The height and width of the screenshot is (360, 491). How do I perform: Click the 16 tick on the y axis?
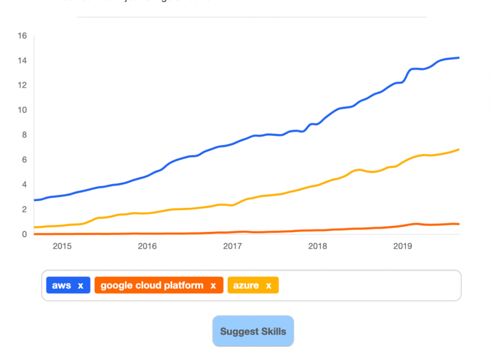pyautogui.click(x=22, y=35)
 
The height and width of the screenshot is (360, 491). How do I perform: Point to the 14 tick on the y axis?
pyautogui.click(x=22, y=60)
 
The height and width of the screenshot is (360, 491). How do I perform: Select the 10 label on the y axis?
pyautogui.click(x=22, y=110)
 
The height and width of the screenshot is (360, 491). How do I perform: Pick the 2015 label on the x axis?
pyautogui.click(x=62, y=246)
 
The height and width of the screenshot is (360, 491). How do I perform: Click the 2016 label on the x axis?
pyautogui.click(x=147, y=246)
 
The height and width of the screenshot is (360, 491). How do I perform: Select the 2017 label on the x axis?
pyautogui.click(x=232, y=246)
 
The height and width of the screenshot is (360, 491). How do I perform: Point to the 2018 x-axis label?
pyautogui.click(x=318, y=246)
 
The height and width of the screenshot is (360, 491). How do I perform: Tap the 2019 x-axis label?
pyautogui.click(x=403, y=246)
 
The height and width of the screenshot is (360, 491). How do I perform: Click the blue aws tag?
pyautogui.click(x=61, y=285)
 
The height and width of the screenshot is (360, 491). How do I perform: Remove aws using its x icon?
pyautogui.click(x=81, y=286)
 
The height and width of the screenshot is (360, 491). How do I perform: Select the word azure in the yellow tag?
pyautogui.click(x=246, y=285)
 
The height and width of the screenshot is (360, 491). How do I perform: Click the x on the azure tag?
pyautogui.click(x=269, y=286)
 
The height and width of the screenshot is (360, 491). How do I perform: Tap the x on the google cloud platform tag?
pyautogui.click(x=213, y=286)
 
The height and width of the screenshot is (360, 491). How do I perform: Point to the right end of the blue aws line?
pyautogui.click(x=459, y=58)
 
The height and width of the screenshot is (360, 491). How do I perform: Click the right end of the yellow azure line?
pyautogui.click(x=459, y=149)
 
